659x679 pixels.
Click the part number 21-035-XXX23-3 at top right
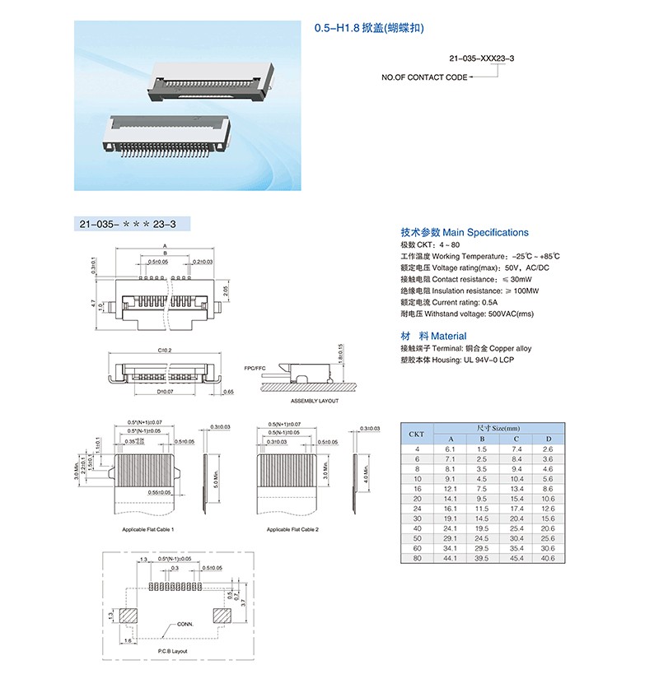482,59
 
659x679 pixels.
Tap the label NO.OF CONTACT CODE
423,77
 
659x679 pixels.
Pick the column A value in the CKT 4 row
450,449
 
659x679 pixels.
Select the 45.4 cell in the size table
516,558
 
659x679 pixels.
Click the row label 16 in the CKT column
417,488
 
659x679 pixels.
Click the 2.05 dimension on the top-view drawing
226,291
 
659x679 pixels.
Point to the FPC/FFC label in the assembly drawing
255,367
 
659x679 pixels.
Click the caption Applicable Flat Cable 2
293,529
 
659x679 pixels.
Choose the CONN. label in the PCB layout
184,624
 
